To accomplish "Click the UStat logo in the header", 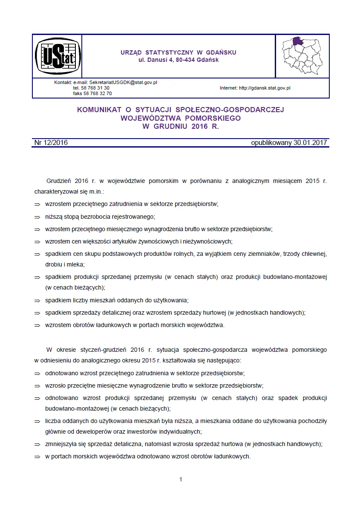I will (57, 56).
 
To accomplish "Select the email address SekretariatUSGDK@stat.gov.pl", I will (123, 82).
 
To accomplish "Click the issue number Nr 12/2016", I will (50, 143).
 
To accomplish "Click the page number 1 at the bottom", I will (181, 479).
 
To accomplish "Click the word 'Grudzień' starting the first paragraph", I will (58, 181).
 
